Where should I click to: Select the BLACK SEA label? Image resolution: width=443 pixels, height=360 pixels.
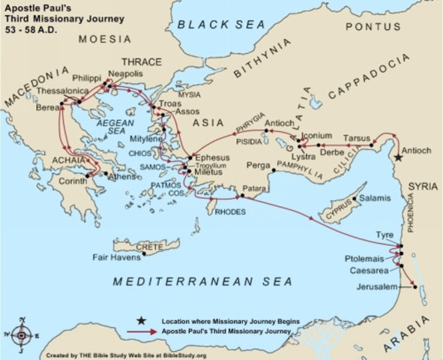pyautogui.click(x=220, y=25)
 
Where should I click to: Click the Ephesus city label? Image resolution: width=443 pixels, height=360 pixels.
pyautogui.click(x=212, y=158)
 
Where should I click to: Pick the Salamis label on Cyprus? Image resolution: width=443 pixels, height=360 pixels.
pyautogui.click(x=375, y=197)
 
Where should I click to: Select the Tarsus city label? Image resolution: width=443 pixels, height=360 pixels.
pyautogui.click(x=356, y=138)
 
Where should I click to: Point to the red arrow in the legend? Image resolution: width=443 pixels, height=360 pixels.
pyautogui.click(x=141, y=331)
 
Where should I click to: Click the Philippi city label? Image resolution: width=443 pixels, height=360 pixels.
pyautogui.click(x=86, y=78)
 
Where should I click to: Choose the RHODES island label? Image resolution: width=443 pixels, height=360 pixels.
pyautogui.click(x=229, y=211)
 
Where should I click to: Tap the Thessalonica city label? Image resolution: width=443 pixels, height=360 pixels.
pyautogui.click(x=62, y=89)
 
